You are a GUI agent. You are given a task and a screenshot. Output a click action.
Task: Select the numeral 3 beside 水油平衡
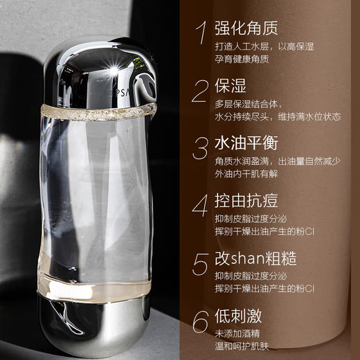201,148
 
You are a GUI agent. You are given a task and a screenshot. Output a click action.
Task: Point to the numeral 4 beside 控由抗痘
201,206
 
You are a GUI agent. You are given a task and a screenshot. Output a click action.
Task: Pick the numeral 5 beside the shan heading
201,264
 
